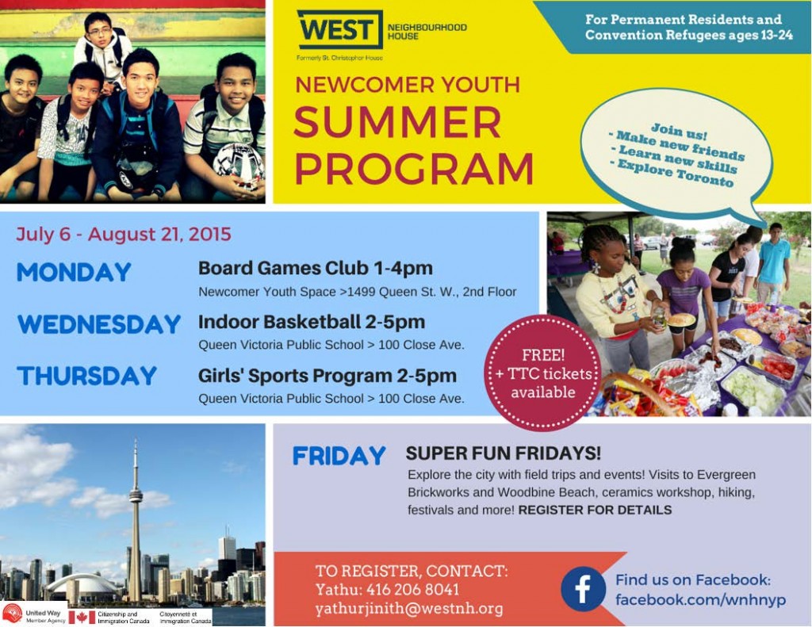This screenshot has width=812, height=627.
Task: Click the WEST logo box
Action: pos(339,29)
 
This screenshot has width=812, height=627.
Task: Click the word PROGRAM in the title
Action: pos(413,168)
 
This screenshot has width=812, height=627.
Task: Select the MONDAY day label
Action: pos(74,273)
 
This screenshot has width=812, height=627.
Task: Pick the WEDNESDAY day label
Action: pos(99,324)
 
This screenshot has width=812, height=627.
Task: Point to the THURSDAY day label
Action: pos(86,376)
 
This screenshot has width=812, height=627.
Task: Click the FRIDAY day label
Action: pos(339,456)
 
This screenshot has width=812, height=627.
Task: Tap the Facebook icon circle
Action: pos(583,589)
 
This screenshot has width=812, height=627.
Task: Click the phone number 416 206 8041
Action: pos(412,590)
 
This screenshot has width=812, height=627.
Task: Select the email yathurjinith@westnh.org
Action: pos(409,609)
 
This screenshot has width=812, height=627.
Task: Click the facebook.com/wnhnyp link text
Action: pos(701,599)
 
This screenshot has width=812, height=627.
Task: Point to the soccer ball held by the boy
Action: pos(239,165)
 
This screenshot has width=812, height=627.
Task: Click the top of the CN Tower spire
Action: pos(136,440)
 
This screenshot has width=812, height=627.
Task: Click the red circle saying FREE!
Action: pos(542,373)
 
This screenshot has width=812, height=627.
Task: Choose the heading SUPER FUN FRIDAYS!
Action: pos(504,453)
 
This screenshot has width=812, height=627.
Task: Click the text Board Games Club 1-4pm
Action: pos(316,268)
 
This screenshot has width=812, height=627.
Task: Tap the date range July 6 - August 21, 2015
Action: pos(124,234)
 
